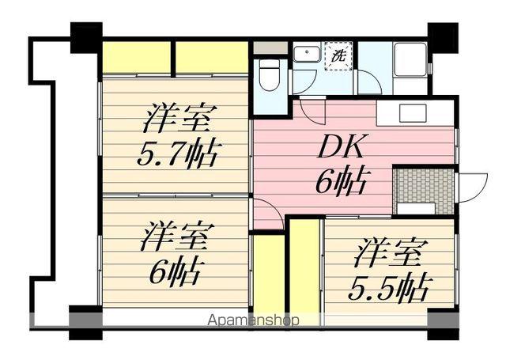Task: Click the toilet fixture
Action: [268, 75]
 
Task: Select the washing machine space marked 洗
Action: [339, 57]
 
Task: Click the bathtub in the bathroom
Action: [410, 59]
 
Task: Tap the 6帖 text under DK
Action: [338, 183]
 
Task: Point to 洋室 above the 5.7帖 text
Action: [177, 119]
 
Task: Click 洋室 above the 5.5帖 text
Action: [388, 252]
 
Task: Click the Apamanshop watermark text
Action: [253, 321]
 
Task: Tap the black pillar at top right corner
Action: [443, 35]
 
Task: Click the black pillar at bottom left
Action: [85, 321]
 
